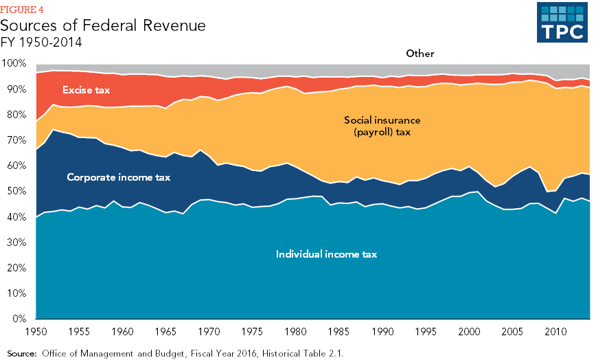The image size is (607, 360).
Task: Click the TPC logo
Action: (561, 22)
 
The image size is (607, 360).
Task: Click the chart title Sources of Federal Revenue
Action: (102, 26)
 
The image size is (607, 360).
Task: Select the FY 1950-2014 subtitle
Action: (41, 42)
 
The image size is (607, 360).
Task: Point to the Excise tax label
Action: (86, 90)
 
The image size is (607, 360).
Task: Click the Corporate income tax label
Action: (118, 177)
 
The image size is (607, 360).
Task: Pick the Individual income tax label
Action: (326, 254)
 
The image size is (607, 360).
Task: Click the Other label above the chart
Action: (420, 53)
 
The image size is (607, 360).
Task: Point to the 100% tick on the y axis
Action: (14, 64)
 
